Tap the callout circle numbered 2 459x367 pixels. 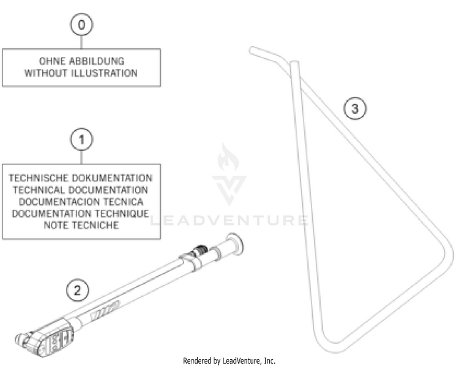(77, 290)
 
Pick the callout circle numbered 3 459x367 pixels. (355, 109)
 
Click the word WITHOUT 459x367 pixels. (45, 73)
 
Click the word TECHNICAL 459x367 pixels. (40, 190)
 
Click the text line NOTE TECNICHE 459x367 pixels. (81, 225)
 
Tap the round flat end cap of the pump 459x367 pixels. (234, 243)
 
